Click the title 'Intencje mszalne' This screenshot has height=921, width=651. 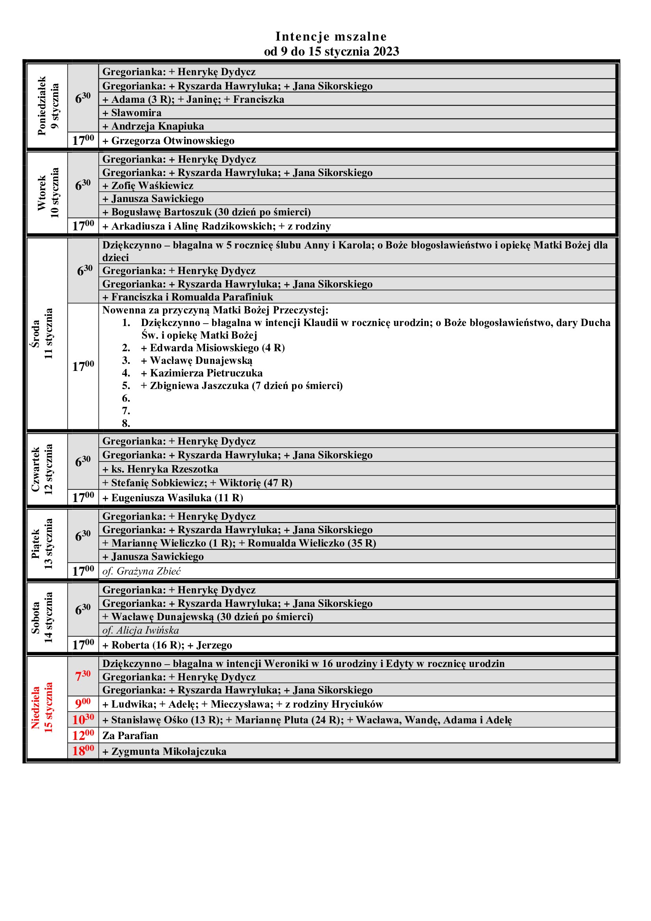pos(331,37)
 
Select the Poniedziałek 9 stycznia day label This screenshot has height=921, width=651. pos(48,106)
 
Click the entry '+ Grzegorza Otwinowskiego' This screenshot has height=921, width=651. pos(168,141)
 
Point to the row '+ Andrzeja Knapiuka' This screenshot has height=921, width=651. pos(153,126)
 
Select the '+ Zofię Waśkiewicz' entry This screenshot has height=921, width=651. pos(148,186)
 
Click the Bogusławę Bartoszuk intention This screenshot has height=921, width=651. pos(207,212)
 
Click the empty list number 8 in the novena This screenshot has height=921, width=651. pos(126,423)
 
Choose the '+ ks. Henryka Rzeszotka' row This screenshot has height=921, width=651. pos(160,469)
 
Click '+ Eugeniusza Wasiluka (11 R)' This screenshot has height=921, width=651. pos(173,498)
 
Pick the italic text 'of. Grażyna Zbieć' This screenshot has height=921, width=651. pos(142,571)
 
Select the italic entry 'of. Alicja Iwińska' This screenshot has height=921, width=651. pos(140,630)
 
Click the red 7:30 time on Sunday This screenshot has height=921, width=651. pos(83,676)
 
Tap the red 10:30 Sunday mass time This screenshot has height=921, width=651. pos(83,720)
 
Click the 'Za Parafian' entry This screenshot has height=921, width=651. pos(130,735)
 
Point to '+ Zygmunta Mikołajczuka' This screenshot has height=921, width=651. pos(165,751)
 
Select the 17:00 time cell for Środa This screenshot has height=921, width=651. pos(83,366)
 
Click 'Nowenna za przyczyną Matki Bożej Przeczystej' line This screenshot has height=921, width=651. pos(215,310)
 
